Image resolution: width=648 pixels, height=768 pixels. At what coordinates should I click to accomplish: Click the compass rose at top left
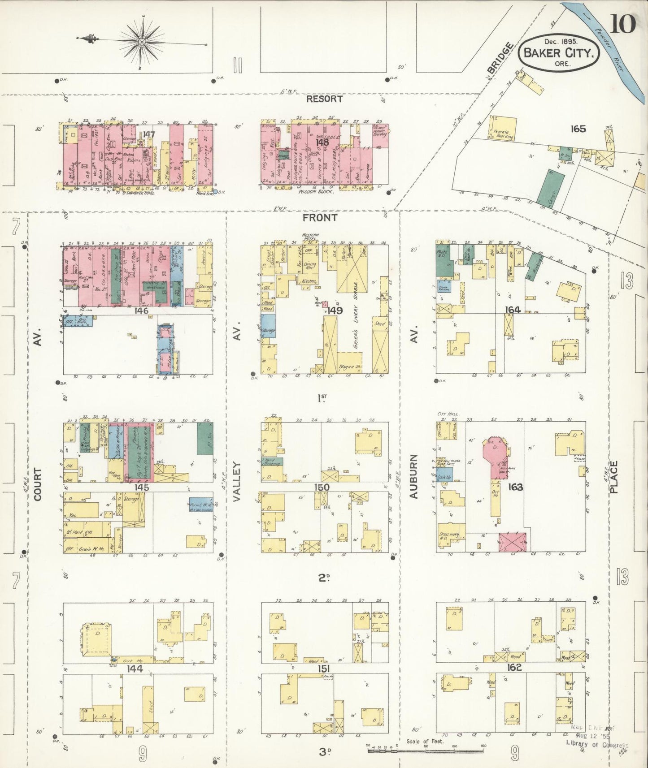point(142,42)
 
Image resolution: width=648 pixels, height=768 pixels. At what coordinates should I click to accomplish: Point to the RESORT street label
point(324,99)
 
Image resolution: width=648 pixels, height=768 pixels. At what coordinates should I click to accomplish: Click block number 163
point(515,487)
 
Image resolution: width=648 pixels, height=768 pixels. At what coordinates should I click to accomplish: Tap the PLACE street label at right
point(613,477)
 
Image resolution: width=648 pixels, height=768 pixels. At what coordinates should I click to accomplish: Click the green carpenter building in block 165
point(550,188)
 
